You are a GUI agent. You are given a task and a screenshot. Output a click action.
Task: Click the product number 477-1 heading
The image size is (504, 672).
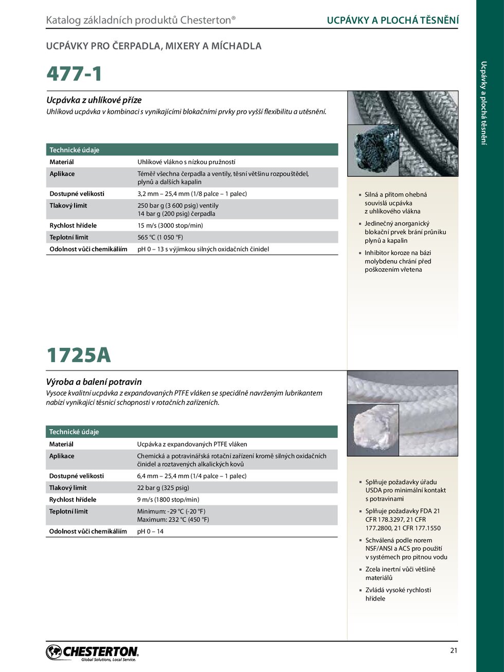click(75, 74)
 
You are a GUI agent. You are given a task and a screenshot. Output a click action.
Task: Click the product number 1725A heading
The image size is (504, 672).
click(79, 355)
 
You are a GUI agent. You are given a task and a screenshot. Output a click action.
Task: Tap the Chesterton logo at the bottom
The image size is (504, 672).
click(92, 652)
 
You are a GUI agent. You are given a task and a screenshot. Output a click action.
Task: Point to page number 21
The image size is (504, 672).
click(454, 650)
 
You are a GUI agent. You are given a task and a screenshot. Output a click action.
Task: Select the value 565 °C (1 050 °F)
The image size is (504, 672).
click(160, 237)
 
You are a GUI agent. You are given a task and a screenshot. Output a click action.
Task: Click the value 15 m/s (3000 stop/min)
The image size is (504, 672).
click(170, 225)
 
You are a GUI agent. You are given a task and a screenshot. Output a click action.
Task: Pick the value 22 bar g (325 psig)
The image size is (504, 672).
click(163, 488)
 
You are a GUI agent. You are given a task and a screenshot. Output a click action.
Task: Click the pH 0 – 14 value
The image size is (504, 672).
click(150, 532)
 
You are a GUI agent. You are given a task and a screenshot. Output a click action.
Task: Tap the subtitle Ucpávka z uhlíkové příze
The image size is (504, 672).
click(94, 100)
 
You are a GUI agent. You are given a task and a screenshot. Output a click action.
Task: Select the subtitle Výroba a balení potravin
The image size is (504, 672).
click(94, 382)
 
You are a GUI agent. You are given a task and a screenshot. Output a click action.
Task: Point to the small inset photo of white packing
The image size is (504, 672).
click(373, 430)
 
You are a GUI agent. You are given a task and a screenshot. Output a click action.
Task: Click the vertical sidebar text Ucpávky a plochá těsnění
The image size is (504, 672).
click(483, 103)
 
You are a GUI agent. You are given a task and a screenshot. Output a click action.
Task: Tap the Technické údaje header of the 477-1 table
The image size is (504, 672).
click(75, 150)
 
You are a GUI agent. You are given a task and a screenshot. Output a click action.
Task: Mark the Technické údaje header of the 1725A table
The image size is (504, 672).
click(74, 432)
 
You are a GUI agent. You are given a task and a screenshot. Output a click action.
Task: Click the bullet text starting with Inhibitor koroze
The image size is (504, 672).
click(398, 261)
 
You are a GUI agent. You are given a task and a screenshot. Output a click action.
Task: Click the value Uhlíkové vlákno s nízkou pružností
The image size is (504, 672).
click(186, 162)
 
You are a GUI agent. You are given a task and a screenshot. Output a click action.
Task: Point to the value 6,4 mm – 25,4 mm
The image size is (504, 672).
click(192, 476)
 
